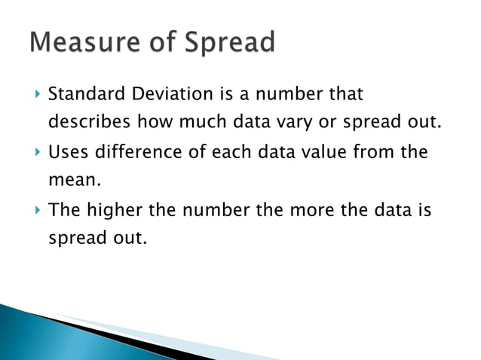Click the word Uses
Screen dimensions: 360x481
66,153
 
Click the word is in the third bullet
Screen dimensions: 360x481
424,211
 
